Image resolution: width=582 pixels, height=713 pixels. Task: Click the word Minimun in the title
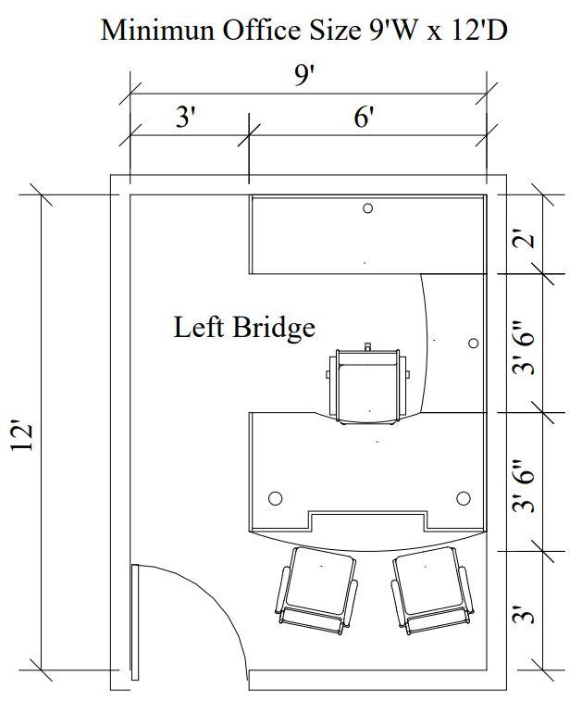pyautogui.click(x=156, y=31)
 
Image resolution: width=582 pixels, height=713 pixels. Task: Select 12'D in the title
pyautogui.click(x=479, y=31)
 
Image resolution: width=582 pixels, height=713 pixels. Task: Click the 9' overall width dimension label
pyautogui.click(x=304, y=75)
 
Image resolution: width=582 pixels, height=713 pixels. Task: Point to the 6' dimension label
pyautogui.click(x=364, y=117)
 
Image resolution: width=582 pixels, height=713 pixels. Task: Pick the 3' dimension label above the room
pyautogui.click(x=186, y=117)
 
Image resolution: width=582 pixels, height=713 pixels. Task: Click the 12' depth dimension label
pyautogui.click(x=22, y=437)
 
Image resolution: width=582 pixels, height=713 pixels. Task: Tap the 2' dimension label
pyautogui.click(x=523, y=240)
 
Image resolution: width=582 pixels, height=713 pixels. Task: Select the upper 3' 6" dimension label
pyautogui.click(x=523, y=348)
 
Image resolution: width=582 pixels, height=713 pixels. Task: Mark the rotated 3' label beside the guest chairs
pyautogui.click(x=523, y=614)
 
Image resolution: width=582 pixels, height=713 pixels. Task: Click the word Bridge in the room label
pyautogui.click(x=274, y=328)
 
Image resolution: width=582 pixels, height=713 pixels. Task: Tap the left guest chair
pyautogui.click(x=316, y=590)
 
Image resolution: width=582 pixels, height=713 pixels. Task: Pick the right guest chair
pyautogui.click(x=431, y=590)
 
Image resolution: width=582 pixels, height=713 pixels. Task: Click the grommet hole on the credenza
pyautogui.click(x=368, y=208)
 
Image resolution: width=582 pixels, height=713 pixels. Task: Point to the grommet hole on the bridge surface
pyautogui.click(x=474, y=343)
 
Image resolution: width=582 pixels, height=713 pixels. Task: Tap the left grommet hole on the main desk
pyautogui.click(x=276, y=498)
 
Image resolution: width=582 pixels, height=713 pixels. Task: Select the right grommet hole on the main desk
pyautogui.click(x=464, y=498)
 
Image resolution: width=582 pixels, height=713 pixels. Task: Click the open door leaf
pyautogui.click(x=134, y=622)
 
